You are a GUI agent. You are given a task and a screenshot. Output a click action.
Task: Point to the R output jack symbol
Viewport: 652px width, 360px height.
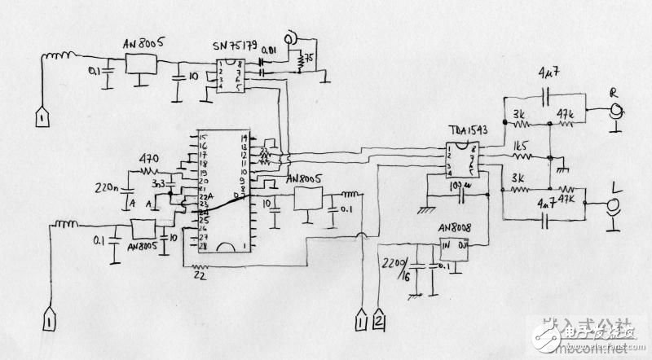point(619,115)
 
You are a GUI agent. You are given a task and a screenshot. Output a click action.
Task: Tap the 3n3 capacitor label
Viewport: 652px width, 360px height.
point(160,185)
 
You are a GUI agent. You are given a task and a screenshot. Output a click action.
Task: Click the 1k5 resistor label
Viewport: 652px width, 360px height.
point(522,147)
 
